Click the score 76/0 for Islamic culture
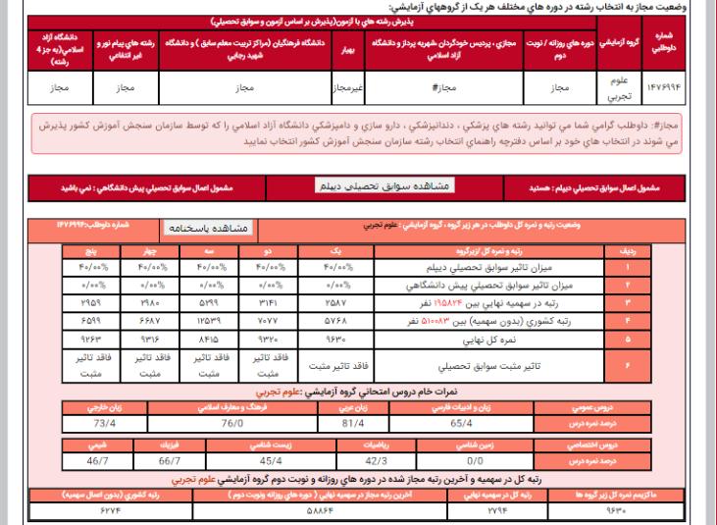232,423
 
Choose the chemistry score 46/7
98,459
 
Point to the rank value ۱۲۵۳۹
209,321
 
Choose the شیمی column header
98,446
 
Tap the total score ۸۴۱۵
209,339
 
